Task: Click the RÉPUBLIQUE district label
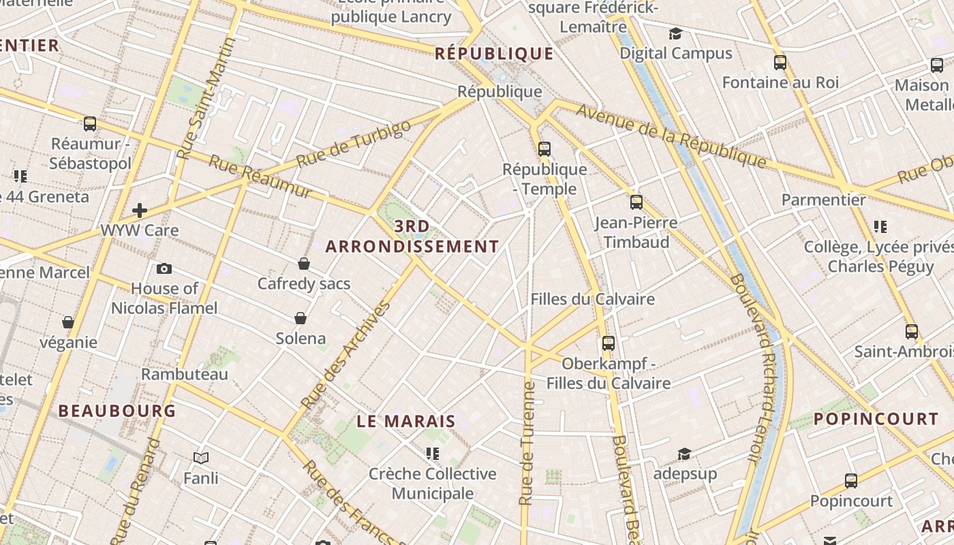click(x=494, y=53)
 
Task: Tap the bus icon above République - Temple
click(x=544, y=149)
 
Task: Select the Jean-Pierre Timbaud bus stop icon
click(x=636, y=202)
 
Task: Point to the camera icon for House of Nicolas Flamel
click(x=164, y=268)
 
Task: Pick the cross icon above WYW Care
click(x=140, y=210)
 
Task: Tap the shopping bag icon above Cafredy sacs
click(x=304, y=263)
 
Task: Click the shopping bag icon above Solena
click(x=301, y=317)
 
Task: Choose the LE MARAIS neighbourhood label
click(x=406, y=421)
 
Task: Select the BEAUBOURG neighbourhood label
click(x=117, y=411)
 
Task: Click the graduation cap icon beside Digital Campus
click(x=675, y=33)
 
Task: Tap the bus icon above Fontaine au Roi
click(x=780, y=63)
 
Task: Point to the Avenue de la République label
click(x=671, y=135)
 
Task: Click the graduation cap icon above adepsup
click(x=684, y=454)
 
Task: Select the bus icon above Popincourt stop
click(x=851, y=481)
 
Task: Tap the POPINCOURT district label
click(x=876, y=418)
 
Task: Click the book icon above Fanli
click(x=201, y=458)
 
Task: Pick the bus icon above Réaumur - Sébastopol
click(x=90, y=124)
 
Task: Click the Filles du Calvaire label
click(x=592, y=299)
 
